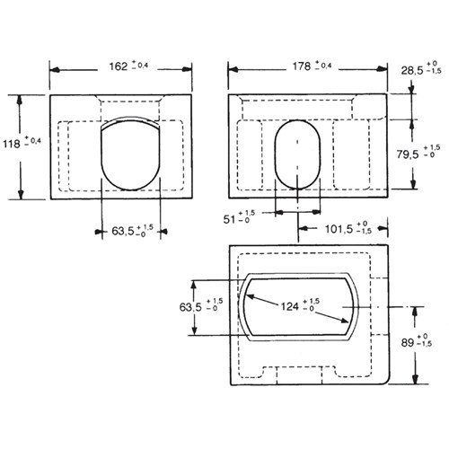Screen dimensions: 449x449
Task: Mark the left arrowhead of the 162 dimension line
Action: [52, 68]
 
